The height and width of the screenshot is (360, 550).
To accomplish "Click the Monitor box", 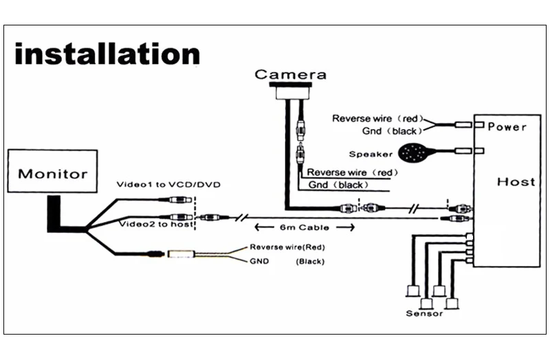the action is click(x=53, y=171).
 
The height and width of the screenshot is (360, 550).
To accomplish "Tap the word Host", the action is click(x=516, y=181).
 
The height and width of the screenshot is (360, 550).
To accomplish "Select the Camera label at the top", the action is click(x=290, y=74).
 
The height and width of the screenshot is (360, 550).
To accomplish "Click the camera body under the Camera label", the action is click(x=290, y=92).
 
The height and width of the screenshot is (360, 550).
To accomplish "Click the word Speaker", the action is click(x=371, y=154).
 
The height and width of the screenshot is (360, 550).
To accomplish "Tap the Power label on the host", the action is click(x=507, y=126).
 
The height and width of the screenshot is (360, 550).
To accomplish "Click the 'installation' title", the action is click(x=107, y=54).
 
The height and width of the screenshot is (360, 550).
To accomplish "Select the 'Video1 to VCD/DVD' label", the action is click(x=168, y=184).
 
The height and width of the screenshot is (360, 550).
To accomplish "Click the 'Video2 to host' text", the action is click(x=157, y=224).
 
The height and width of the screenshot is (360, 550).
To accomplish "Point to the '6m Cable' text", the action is click(x=305, y=227).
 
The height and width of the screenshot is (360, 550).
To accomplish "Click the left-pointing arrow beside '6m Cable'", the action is click(x=264, y=227).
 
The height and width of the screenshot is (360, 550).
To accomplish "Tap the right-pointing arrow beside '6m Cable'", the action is click(x=346, y=227).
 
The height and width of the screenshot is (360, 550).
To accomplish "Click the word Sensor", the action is click(x=424, y=313).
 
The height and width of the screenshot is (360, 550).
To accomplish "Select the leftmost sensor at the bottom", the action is click(x=413, y=291).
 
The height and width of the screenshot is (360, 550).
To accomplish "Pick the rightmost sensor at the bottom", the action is click(x=452, y=303).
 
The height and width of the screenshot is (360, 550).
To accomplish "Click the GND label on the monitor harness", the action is click(x=259, y=261).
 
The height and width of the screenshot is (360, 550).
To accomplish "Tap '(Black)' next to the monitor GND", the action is click(x=310, y=262).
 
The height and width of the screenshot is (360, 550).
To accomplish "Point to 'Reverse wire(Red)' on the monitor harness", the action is click(x=287, y=247).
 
